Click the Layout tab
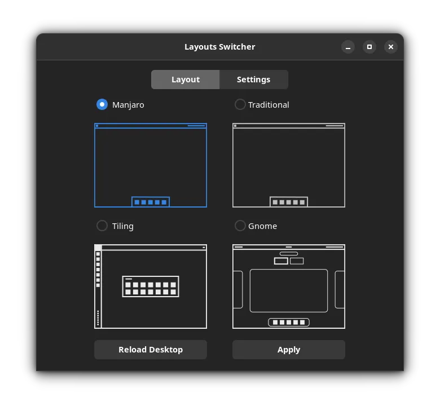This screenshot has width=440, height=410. click(x=185, y=80)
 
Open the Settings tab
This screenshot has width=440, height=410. click(x=253, y=80)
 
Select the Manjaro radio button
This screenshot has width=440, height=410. click(x=102, y=104)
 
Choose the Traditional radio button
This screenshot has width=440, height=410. click(x=240, y=104)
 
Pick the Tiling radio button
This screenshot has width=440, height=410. click(x=102, y=226)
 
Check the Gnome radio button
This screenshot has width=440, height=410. click(x=240, y=226)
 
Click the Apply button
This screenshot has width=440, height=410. click(x=288, y=350)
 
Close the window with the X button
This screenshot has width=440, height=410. click(x=391, y=47)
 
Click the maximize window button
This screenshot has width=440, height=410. click(x=369, y=47)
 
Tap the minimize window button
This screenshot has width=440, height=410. click(x=348, y=47)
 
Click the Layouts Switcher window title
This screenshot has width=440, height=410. click(x=220, y=47)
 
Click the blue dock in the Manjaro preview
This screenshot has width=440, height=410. click(x=151, y=202)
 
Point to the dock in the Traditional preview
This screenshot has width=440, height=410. click(x=289, y=202)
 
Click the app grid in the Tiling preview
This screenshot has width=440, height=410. click(x=151, y=286)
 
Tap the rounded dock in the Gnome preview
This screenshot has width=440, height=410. click(x=289, y=323)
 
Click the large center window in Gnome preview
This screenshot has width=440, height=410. click(x=289, y=290)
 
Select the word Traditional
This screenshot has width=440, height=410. click(x=269, y=104)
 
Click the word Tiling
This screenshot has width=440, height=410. click(x=122, y=226)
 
